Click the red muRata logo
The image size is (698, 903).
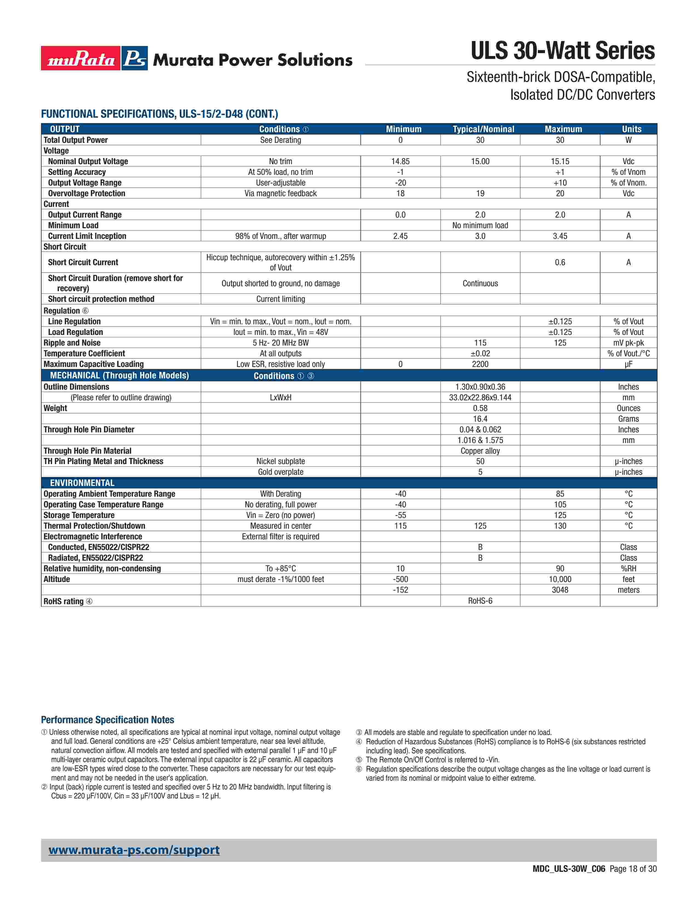81,58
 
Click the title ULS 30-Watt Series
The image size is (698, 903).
563,51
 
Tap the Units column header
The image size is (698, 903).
631,129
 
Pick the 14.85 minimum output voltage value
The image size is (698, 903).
400,161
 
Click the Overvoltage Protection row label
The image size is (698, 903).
86,193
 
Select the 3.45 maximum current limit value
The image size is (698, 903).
560,236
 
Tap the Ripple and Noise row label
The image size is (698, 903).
72,343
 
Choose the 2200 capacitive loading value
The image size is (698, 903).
480,364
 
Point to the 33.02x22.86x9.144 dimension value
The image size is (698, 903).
480,397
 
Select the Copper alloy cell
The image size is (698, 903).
480,451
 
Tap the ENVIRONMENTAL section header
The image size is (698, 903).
82,483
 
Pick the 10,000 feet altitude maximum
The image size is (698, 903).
560,579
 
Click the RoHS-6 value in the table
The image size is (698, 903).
480,601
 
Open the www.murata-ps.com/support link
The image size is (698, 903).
134,850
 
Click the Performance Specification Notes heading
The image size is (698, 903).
108,720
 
